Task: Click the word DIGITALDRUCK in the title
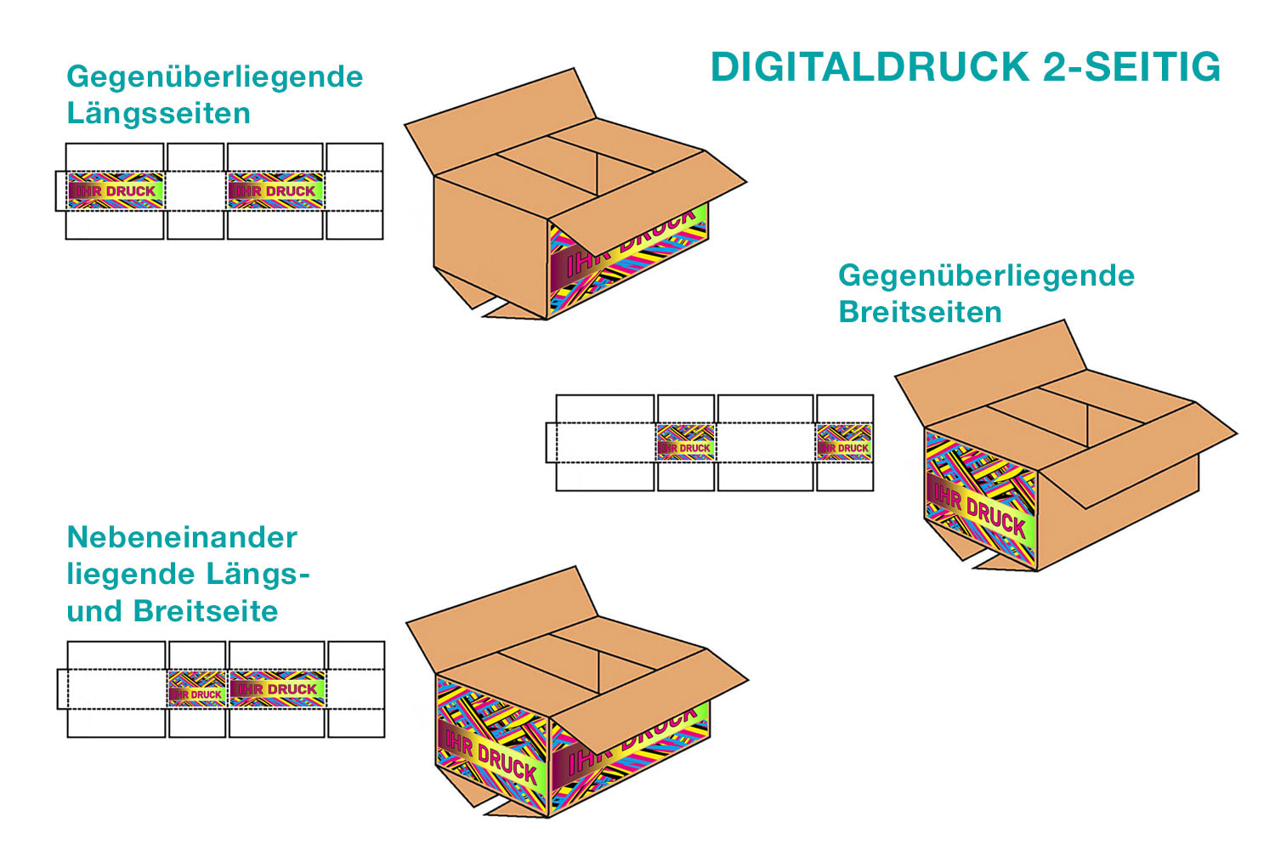point(870,67)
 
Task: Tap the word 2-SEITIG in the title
point(1132,67)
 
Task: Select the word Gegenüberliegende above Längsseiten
point(214,76)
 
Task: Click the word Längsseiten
point(158,113)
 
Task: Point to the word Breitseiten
point(920,312)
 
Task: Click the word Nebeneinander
point(182,537)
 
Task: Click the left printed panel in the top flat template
point(115,191)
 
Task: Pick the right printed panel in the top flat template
point(275,191)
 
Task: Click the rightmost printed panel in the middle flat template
point(844,443)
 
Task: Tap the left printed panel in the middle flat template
point(686,443)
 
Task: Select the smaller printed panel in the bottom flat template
point(197,689)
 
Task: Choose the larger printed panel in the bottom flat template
point(277,689)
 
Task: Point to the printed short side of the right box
point(980,501)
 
